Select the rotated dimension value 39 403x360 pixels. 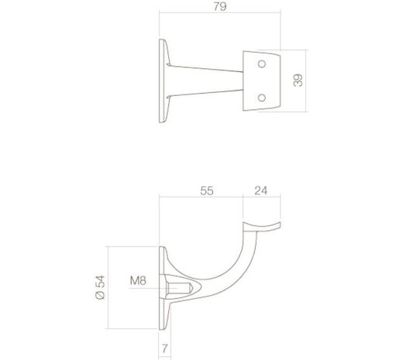click(x=298, y=80)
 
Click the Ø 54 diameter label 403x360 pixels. click(x=99, y=286)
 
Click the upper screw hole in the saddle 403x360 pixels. click(x=262, y=63)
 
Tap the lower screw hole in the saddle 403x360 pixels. click(x=262, y=98)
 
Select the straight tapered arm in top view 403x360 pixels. click(x=205, y=80)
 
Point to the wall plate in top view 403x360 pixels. click(x=163, y=80)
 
